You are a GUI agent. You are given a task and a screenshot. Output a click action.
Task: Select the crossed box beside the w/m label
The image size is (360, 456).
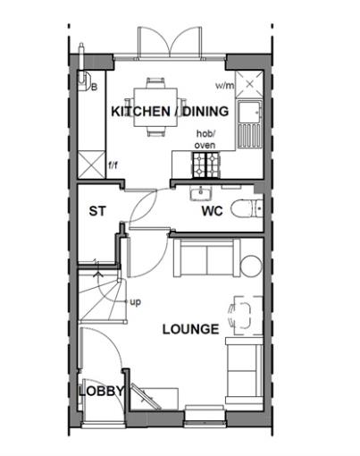[249, 84]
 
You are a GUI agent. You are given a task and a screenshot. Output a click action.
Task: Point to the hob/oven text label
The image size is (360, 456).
[206, 139]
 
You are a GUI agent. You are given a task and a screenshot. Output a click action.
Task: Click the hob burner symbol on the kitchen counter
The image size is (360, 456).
[208, 164]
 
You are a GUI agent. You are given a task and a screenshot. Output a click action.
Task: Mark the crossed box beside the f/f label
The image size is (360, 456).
[90, 164]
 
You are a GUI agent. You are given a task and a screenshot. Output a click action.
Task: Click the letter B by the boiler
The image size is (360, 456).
[93, 87]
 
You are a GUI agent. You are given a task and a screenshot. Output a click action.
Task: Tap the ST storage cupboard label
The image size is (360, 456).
[97, 212]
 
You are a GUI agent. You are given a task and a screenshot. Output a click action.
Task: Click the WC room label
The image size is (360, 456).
[211, 212]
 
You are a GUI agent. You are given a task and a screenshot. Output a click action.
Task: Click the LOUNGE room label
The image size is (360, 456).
[190, 329]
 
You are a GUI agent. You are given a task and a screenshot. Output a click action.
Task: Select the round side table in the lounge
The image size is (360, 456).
[249, 265]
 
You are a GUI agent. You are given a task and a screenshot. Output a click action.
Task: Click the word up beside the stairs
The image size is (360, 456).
[136, 302]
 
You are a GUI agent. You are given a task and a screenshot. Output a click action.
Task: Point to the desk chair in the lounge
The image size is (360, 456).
[238, 314]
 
